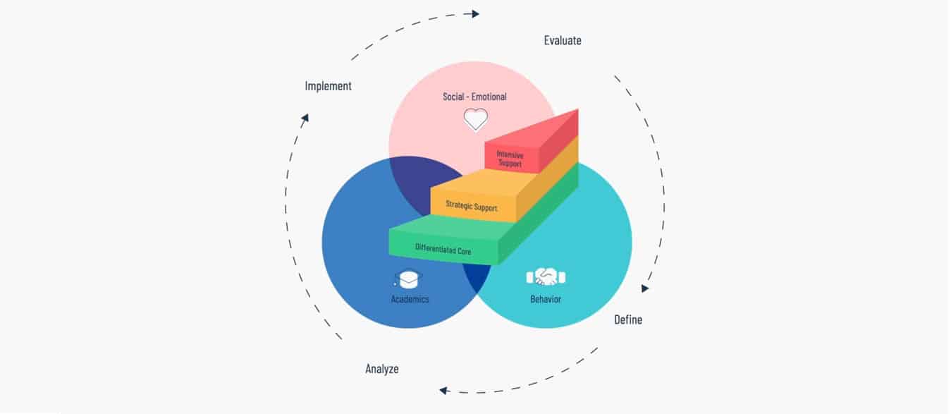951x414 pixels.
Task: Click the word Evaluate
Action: point(563,40)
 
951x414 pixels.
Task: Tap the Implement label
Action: point(329,86)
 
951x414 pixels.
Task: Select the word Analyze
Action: point(382,369)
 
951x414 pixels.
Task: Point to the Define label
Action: point(628,319)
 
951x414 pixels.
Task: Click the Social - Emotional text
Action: point(474,97)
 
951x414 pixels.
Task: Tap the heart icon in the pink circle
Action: point(475,119)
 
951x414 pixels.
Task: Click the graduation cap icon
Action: point(408,279)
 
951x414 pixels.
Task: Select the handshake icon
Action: point(546,277)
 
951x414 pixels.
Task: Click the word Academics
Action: point(410,299)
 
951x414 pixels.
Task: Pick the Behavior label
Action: point(546,299)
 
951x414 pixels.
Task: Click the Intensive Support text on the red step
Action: point(510,159)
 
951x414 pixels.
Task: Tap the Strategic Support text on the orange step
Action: point(471,206)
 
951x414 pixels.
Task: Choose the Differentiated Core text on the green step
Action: point(443,249)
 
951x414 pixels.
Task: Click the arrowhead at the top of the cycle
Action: point(475,14)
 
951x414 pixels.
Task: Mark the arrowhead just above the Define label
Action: point(644,288)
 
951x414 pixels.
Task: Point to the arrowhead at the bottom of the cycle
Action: point(443,390)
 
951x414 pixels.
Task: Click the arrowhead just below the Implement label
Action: point(305,118)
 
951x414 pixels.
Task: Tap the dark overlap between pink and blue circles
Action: point(420,181)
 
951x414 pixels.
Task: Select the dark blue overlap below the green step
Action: point(477,276)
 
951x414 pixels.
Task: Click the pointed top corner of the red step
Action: point(577,109)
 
